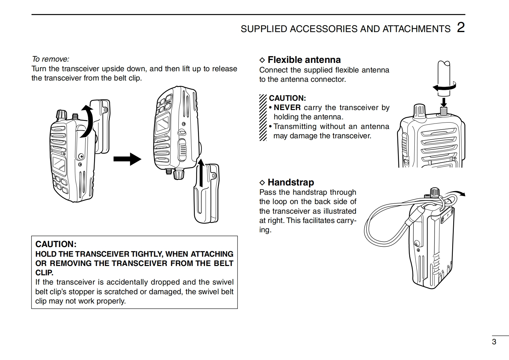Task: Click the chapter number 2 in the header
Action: click(461, 28)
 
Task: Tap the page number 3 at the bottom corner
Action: click(494, 342)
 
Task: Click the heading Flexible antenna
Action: click(304, 60)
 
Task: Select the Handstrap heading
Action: click(291, 182)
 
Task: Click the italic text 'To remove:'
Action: click(50, 59)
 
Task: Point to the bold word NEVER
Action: click(287, 107)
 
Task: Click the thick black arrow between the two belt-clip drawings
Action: click(127, 159)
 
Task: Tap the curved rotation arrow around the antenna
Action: click(444, 87)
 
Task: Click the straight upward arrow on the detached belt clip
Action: click(201, 173)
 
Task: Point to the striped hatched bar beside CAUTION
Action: click(263, 117)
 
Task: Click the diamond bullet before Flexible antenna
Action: click(262, 60)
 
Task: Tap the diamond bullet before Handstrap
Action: click(262, 182)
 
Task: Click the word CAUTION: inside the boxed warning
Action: click(56, 244)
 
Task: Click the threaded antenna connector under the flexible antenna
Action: click(444, 111)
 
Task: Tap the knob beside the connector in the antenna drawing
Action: click(419, 111)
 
